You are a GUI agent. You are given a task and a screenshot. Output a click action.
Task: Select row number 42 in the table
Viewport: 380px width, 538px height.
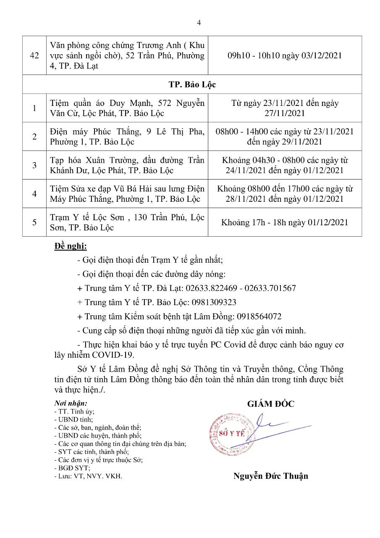pyautogui.click(x=34, y=55)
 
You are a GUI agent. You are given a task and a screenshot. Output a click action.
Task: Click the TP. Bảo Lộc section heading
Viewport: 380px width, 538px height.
pyautogui.click(x=192, y=84)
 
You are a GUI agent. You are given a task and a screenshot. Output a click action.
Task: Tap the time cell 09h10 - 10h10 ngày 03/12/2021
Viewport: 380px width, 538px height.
pyautogui.click(x=285, y=55)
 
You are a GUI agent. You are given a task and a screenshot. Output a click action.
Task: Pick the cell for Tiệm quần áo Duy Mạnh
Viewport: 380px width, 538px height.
pyautogui.click(x=127, y=108)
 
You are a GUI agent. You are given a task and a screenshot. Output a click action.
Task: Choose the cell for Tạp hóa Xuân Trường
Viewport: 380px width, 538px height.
pyautogui.click(x=127, y=165)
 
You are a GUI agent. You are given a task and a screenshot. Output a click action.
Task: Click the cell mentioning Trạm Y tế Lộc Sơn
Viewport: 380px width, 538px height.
pyautogui.click(x=127, y=222)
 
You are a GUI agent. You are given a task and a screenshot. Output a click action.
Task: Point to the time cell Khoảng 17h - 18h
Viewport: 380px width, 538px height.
pyautogui.click(x=285, y=222)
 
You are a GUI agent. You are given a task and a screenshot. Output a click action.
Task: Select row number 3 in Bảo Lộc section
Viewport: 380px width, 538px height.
pyautogui.click(x=34, y=165)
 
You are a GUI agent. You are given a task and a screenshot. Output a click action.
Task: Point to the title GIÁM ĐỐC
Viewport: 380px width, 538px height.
pyautogui.click(x=271, y=404)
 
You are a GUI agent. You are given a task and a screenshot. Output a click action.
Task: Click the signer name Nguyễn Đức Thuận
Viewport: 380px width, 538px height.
pyautogui.click(x=271, y=476)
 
